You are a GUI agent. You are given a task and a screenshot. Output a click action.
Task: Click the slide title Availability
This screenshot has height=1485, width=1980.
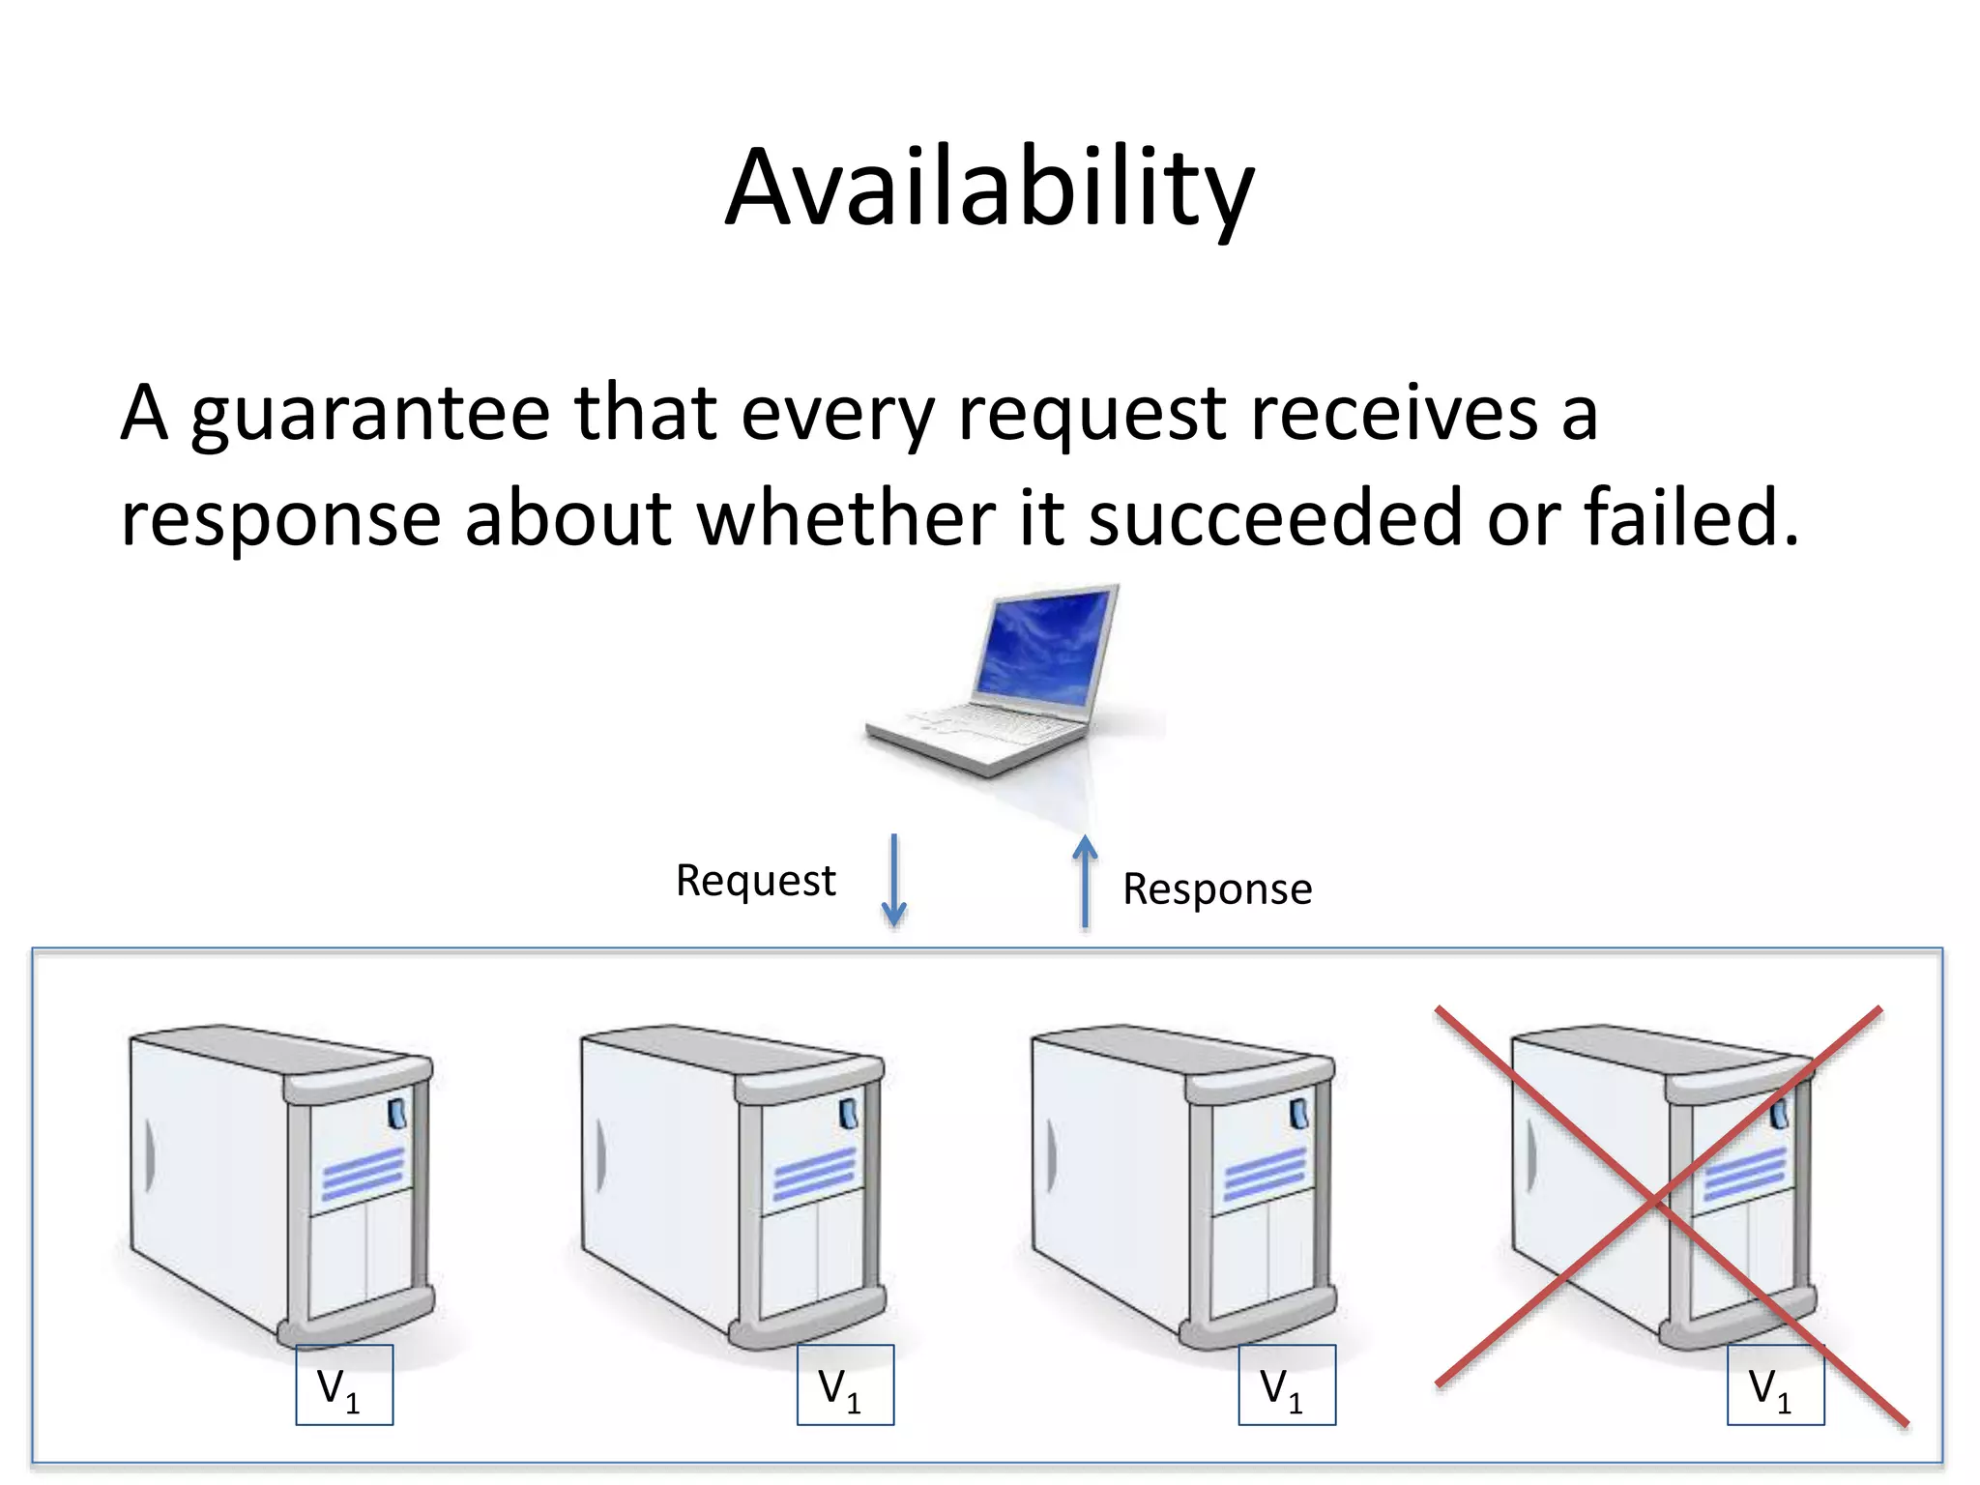pyautogui.click(x=989, y=189)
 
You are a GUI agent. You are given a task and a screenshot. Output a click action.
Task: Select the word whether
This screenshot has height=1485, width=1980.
pyautogui.click(x=846, y=518)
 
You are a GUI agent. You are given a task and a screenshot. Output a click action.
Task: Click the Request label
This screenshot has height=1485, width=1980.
pyautogui.click(x=755, y=881)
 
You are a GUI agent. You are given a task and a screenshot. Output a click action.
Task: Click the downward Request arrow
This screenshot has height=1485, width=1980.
pyautogui.click(x=894, y=880)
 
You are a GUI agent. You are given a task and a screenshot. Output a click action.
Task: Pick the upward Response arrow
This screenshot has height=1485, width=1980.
pyautogui.click(x=1086, y=882)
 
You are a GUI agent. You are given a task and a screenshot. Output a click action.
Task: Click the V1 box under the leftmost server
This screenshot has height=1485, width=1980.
pyautogui.click(x=344, y=1384)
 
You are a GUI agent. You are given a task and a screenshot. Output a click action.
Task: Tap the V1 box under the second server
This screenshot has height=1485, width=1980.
pyautogui.click(x=845, y=1384)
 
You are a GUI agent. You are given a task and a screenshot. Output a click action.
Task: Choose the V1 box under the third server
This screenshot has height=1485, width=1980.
pyautogui.click(x=1287, y=1384)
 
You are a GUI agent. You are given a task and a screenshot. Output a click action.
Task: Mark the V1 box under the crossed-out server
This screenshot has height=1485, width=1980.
pyautogui.click(x=1775, y=1384)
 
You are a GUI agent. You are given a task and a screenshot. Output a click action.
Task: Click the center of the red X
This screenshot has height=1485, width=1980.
pyautogui.click(x=1659, y=1202)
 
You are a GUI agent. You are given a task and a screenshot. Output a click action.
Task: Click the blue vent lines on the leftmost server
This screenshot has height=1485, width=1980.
pyautogui.click(x=363, y=1174)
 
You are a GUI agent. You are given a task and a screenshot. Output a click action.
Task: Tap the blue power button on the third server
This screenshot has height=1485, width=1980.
pyautogui.click(x=1299, y=1113)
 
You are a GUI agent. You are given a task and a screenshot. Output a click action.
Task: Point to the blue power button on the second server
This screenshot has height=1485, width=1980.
pyautogui.click(x=848, y=1113)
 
